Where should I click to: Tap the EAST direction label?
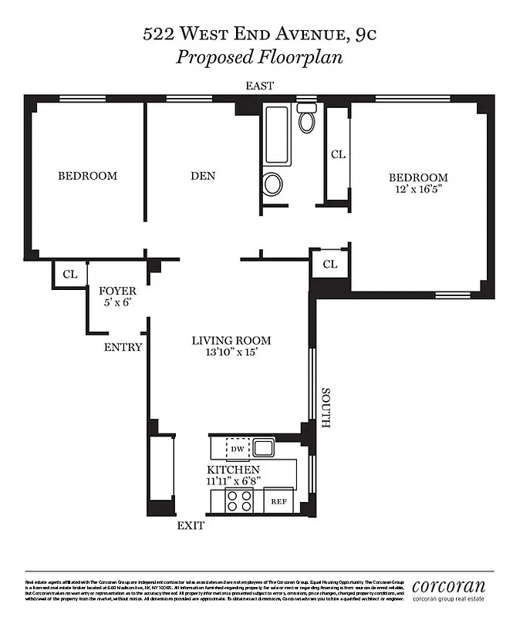coord(259,86)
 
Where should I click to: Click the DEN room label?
coord(203,176)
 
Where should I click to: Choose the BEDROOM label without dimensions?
coord(88,176)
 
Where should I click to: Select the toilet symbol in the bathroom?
coord(307,120)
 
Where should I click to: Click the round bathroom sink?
coord(273,184)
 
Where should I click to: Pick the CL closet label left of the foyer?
coord(70,274)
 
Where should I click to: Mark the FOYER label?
coord(118,291)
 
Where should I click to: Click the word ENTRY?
coord(123,347)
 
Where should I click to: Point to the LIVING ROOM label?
coord(231,340)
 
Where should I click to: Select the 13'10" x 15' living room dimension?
coord(231,352)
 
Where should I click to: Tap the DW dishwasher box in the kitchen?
coord(237,448)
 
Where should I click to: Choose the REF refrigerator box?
coord(278,501)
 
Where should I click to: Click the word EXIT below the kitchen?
coord(191,526)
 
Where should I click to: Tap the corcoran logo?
coord(449,586)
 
